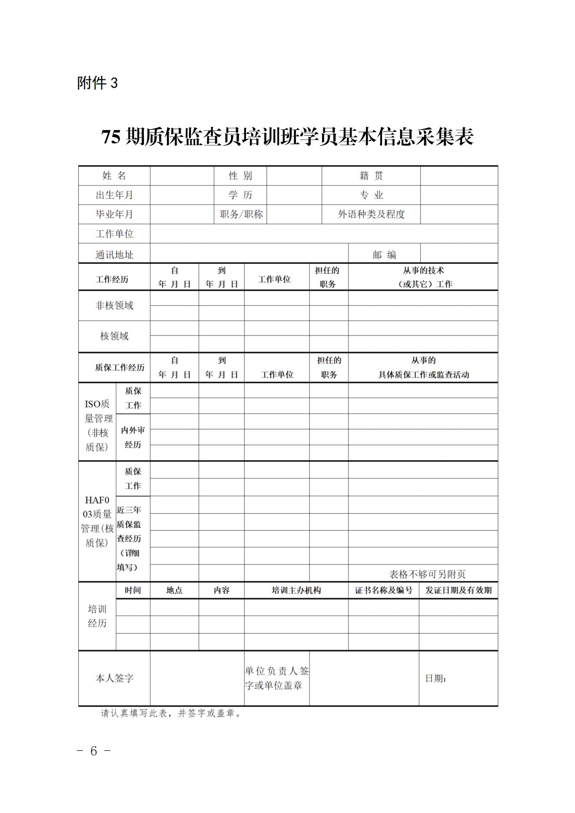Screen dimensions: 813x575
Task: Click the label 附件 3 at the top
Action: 97,83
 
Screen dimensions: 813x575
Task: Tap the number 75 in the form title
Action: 111,137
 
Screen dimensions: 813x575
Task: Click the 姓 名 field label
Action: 114,176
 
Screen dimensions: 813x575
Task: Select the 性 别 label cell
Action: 240,176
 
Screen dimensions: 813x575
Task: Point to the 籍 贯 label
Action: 371,176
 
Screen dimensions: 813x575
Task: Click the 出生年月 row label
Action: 114,195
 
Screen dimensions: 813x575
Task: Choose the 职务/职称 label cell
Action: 241,214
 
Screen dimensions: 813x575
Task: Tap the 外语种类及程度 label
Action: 371,214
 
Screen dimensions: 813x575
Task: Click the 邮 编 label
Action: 384,255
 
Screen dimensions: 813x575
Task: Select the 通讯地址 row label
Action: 114,255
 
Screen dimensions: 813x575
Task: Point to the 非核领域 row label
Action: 114,305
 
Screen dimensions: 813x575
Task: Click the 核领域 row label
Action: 114,336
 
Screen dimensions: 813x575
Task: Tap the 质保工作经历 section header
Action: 120,368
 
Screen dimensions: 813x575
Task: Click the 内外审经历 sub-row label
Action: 133,437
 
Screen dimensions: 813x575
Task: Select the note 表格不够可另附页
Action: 427,574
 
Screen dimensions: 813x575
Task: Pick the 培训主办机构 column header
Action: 296,590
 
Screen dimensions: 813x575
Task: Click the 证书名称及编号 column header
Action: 383,590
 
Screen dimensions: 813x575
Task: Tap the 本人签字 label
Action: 114,678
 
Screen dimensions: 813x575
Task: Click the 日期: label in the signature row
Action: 435,678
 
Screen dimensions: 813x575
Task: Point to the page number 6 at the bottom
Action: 94,751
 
